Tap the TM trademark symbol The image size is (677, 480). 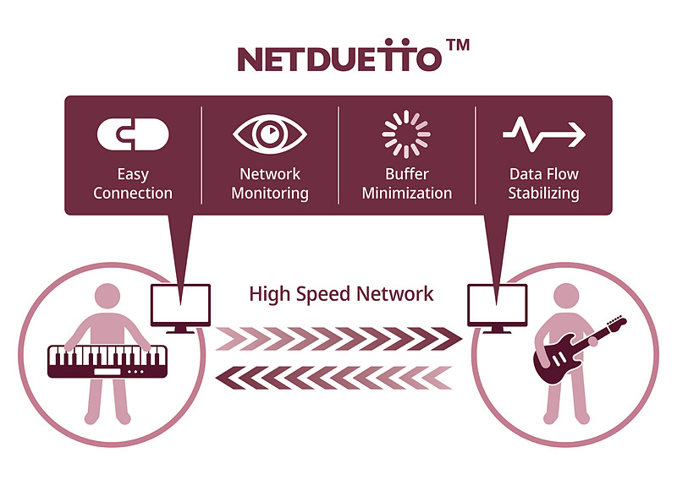(x=457, y=46)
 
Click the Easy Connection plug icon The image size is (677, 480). (x=133, y=134)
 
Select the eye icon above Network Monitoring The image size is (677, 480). (x=269, y=134)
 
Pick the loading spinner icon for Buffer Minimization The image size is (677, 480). (x=406, y=134)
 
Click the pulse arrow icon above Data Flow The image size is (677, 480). (x=543, y=134)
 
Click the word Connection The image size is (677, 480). (x=133, y=194)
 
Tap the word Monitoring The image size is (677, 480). (x=269, y=194)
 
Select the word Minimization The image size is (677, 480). (x=407, y=194)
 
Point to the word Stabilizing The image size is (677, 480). (x=543, y=194)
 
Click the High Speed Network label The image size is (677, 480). (x=341, y=294)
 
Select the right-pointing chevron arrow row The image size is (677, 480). (x=338, y=339)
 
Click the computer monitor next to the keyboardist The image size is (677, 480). (x=180, y=305)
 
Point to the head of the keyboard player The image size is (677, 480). (x=107, y=297)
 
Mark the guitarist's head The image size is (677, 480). (x=566, y=297)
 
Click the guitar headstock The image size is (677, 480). (x=617, y=322)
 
